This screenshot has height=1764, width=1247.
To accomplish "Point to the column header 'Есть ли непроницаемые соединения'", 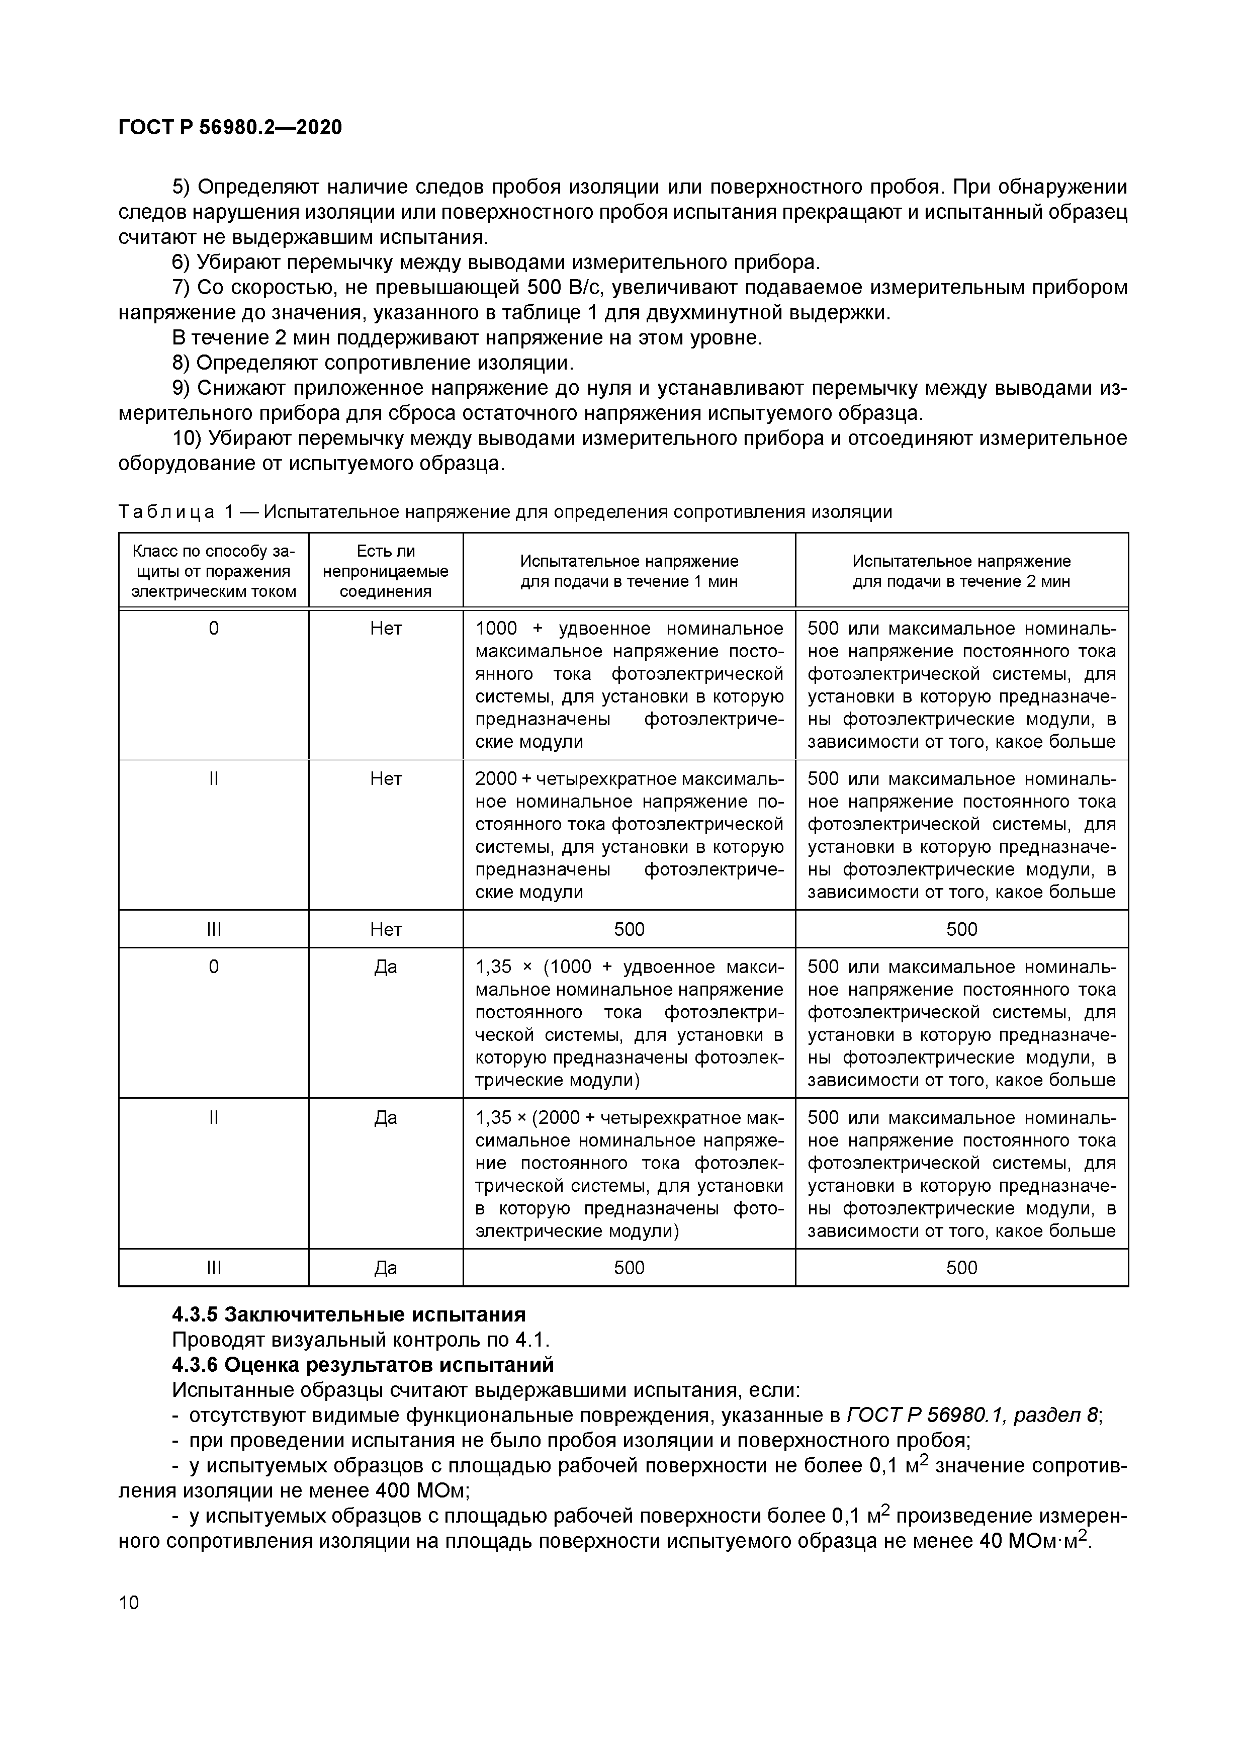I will [x=386, y=571].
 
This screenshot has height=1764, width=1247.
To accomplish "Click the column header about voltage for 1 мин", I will [x=629, y=571].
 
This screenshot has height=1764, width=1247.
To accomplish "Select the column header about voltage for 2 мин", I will [x=961, y=571].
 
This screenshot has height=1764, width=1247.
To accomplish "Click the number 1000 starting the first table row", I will [x=496, y=629].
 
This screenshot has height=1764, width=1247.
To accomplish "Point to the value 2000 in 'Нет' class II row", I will [x=496, y=779].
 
